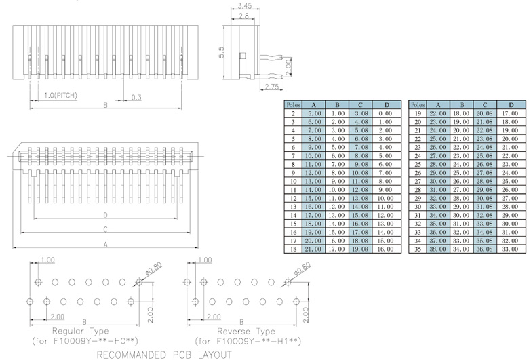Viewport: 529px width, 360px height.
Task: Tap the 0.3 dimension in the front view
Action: pyautogui.click(x=136, y=97)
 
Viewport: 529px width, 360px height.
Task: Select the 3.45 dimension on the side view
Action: pyautogui.click(x=244, y=6)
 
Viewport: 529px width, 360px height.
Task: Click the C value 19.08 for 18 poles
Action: pyautogui.click(x=360, y=249)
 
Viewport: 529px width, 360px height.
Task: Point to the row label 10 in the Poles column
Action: pyautogui.click(x=292, y=182)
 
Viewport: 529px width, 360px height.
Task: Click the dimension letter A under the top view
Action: pyautogui.click(x=106, y=245)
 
